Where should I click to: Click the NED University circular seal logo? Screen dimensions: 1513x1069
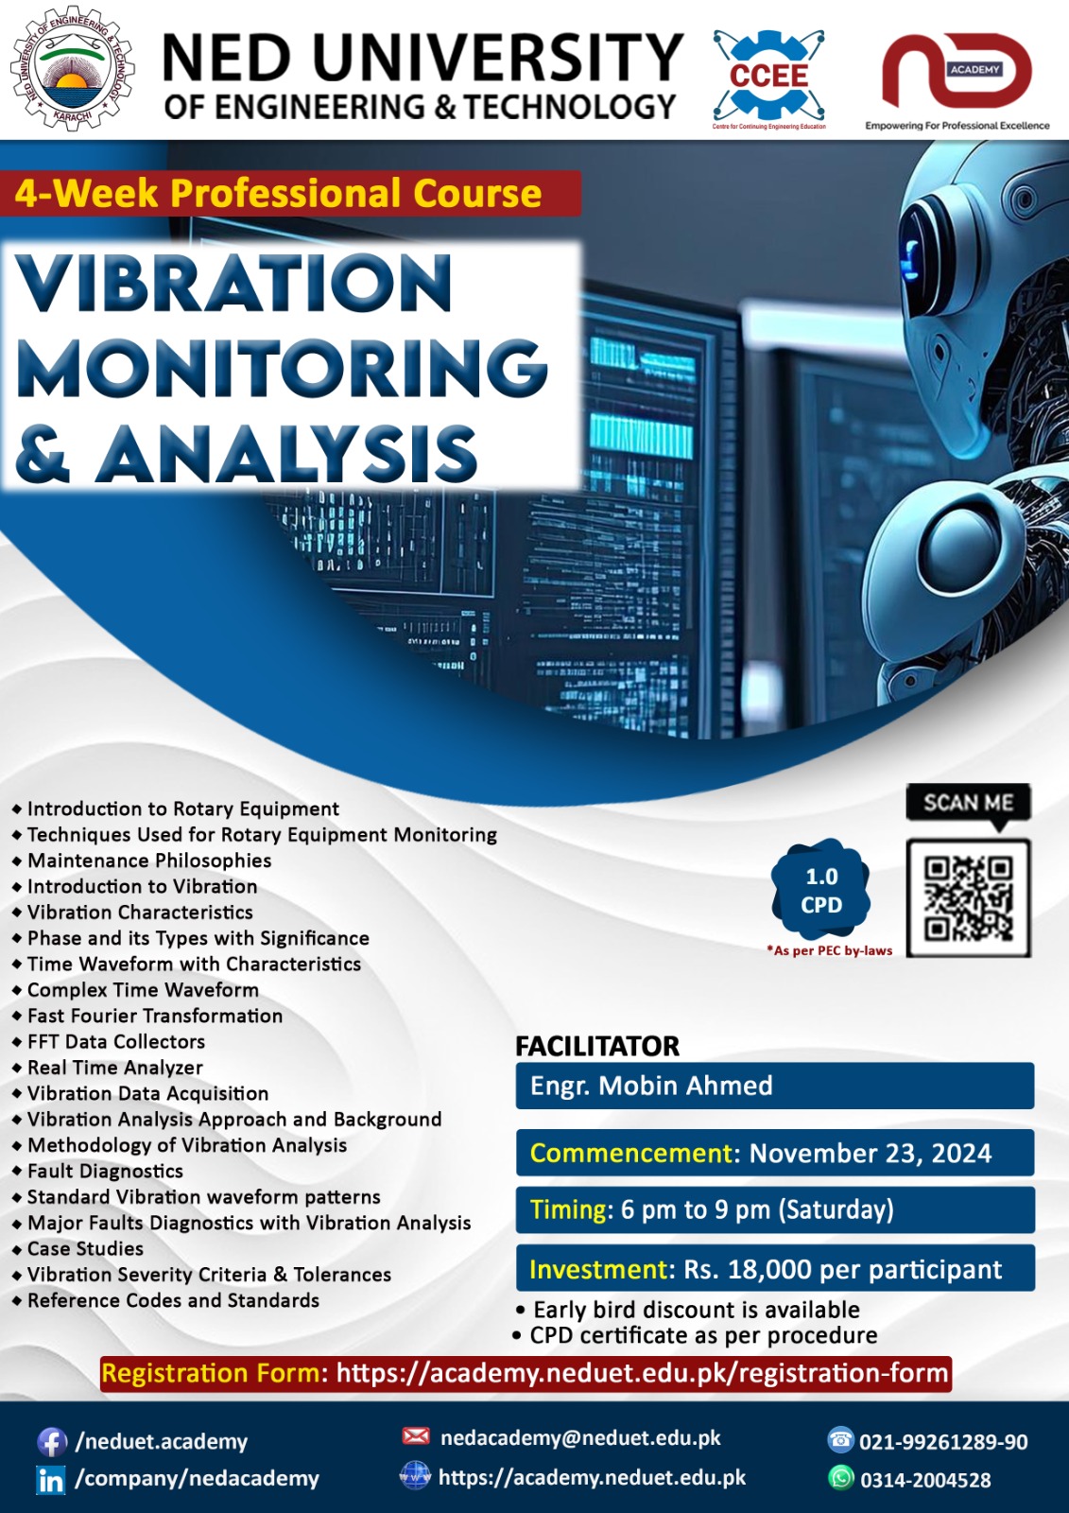pyautogui.click(x=72, y=70)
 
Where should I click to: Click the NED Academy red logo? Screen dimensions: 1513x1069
pyautogui.click(x=957, y=72)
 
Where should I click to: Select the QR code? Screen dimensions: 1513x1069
pyautogui.click(x=968, y=897)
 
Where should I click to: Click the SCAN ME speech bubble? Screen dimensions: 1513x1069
pyautogui.click(x=968, y=803)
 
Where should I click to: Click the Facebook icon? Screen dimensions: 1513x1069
pyautogui.click(x=51, y=1442)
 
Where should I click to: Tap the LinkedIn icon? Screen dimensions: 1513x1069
pyautogui.click(x=51, y=1480)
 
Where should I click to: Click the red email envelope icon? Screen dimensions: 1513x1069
pyautogui.click(x=416, y=1436)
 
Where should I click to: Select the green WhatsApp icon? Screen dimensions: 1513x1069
pyautogui.click(x=840, y=1477)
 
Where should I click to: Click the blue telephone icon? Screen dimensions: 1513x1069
pyautogui.click(x=840, y=1440)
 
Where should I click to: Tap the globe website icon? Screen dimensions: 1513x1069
pyautogui.click(x=415, y=1475)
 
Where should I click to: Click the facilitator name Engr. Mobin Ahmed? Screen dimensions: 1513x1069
pyautogui.click(x=651, y=1086)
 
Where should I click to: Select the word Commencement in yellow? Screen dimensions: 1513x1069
pyautogui.click(x=630, y=1154)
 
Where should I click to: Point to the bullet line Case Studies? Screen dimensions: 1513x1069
pyautogui.click(x=85, y=1249)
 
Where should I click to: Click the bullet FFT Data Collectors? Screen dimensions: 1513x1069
pyautogui.click(x=115, y=1042)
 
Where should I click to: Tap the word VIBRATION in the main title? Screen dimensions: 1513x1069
pyautogui.click(x=234, y=284)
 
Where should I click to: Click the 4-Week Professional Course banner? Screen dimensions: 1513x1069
pyautogui.click(x=279, y=194)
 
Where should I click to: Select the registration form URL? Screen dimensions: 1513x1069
pyautogui.click(x=642, y=1373)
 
